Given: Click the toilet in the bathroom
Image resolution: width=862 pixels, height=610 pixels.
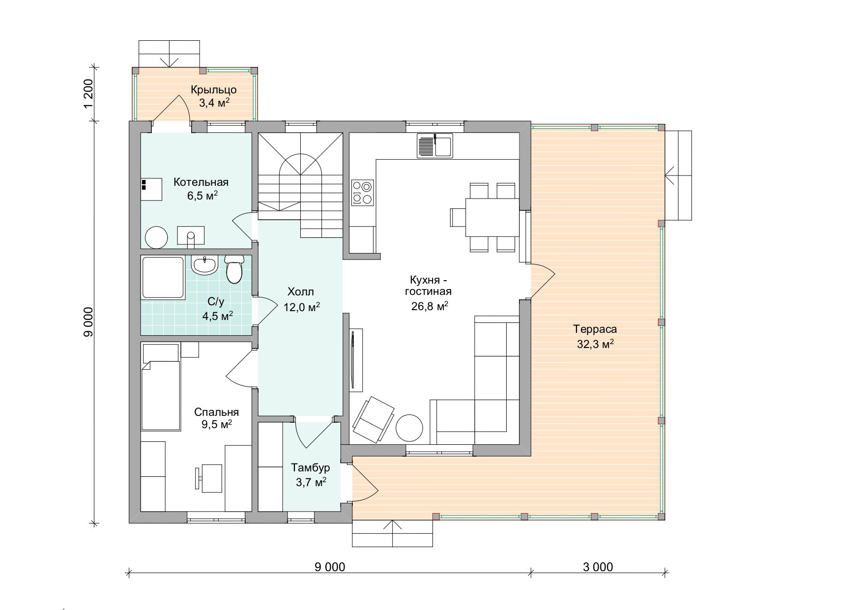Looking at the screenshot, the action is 234,268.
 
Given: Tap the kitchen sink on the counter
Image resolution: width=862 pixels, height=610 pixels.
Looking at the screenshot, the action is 435,145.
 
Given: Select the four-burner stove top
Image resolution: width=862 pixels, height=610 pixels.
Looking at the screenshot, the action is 363,192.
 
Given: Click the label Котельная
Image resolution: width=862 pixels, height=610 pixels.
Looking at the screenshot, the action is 201,182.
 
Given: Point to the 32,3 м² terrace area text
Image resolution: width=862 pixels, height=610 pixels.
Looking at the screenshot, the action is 595,344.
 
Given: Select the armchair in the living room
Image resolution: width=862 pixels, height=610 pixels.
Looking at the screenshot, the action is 373,419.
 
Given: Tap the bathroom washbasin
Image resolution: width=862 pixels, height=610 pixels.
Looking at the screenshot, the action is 204,265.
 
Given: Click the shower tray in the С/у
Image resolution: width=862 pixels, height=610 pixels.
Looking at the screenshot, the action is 163,278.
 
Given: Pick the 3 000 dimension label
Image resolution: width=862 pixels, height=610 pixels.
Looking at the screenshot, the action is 598,567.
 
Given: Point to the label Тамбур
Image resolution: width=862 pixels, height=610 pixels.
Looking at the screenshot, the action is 310,467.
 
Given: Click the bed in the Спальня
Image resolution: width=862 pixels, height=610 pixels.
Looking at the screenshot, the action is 160,387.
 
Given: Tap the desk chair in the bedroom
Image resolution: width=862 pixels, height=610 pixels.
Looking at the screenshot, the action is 199,479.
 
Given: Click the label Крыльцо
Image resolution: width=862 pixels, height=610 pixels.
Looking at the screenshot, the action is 214,90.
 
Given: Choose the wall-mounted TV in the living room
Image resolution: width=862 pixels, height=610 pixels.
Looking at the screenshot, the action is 353,360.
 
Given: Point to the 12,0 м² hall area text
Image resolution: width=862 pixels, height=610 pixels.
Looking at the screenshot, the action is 302,307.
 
